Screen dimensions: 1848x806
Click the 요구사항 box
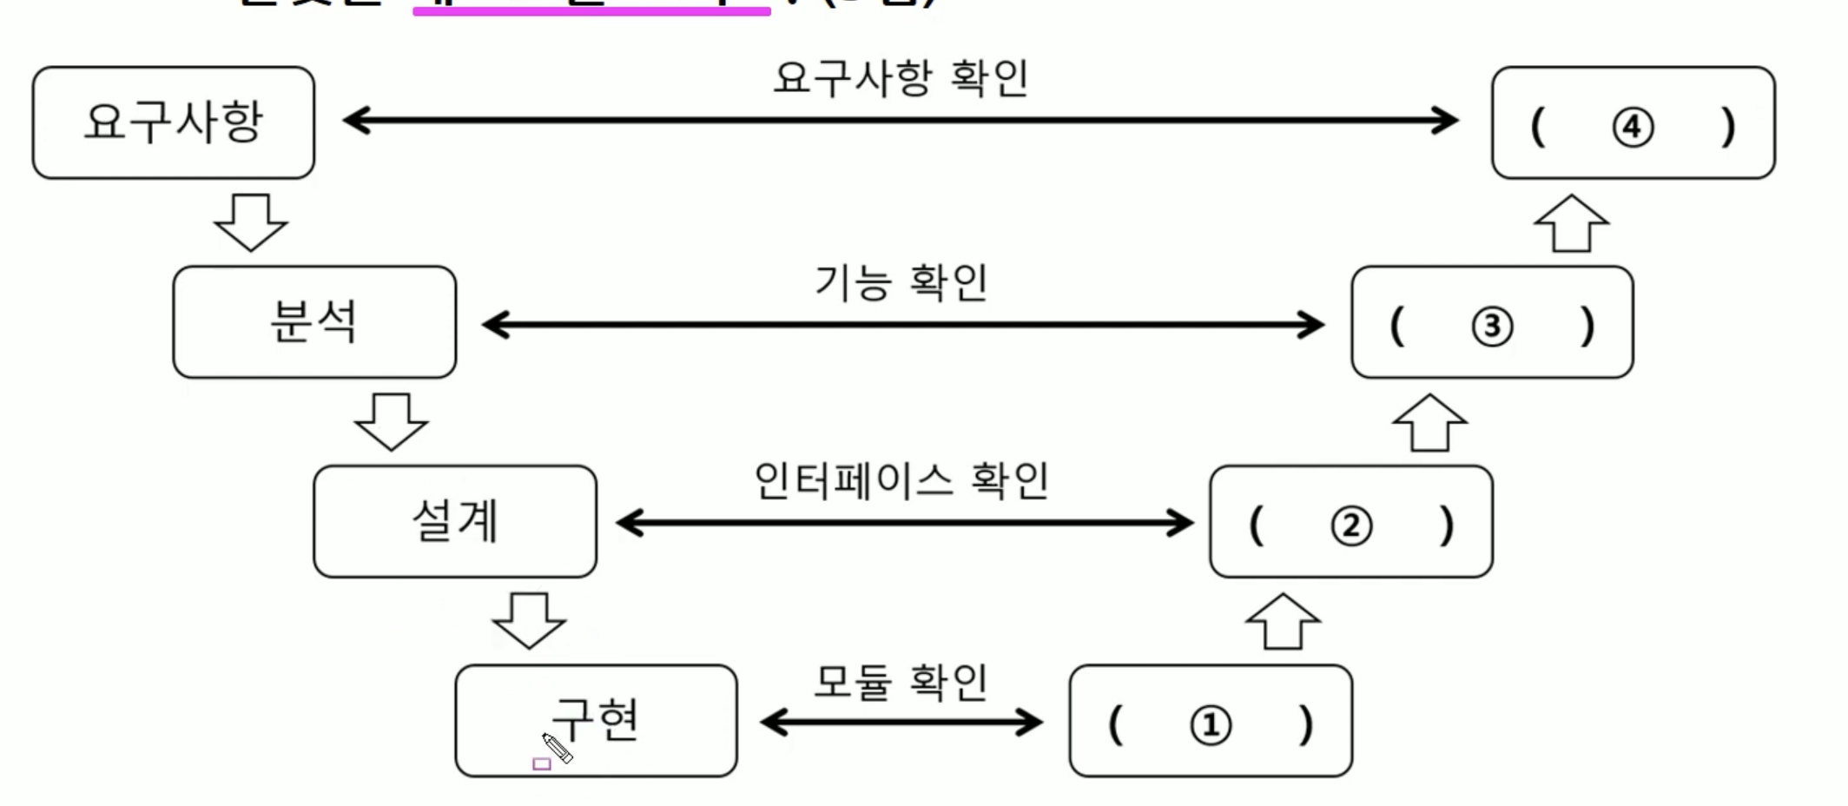point(174,122)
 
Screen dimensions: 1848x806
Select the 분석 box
point(314,322)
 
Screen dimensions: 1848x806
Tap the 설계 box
point(455,521)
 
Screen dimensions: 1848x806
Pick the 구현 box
point(597,721)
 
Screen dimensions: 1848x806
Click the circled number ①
point(1211,725)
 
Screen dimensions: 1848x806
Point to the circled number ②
point(1351,526)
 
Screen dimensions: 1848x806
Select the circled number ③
point(1492,327)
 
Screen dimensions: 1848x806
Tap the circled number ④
point(1633,128)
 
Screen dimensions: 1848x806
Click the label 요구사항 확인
point(901,78)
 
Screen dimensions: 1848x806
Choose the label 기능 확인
point(901,282)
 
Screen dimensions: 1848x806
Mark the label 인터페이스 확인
point(901,480)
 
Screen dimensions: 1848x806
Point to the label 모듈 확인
point(901,682)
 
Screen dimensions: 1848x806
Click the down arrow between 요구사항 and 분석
point(251,222)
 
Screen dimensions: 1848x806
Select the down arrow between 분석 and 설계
point(392,422)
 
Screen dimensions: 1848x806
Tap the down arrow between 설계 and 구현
point(529,621)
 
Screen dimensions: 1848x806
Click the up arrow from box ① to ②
point(1283,621)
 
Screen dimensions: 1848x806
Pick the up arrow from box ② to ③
point(1429,422)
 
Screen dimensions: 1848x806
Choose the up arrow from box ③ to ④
point(1571,222)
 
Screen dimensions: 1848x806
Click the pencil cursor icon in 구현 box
point(557,747)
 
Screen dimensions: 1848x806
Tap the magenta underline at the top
point(591,11)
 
